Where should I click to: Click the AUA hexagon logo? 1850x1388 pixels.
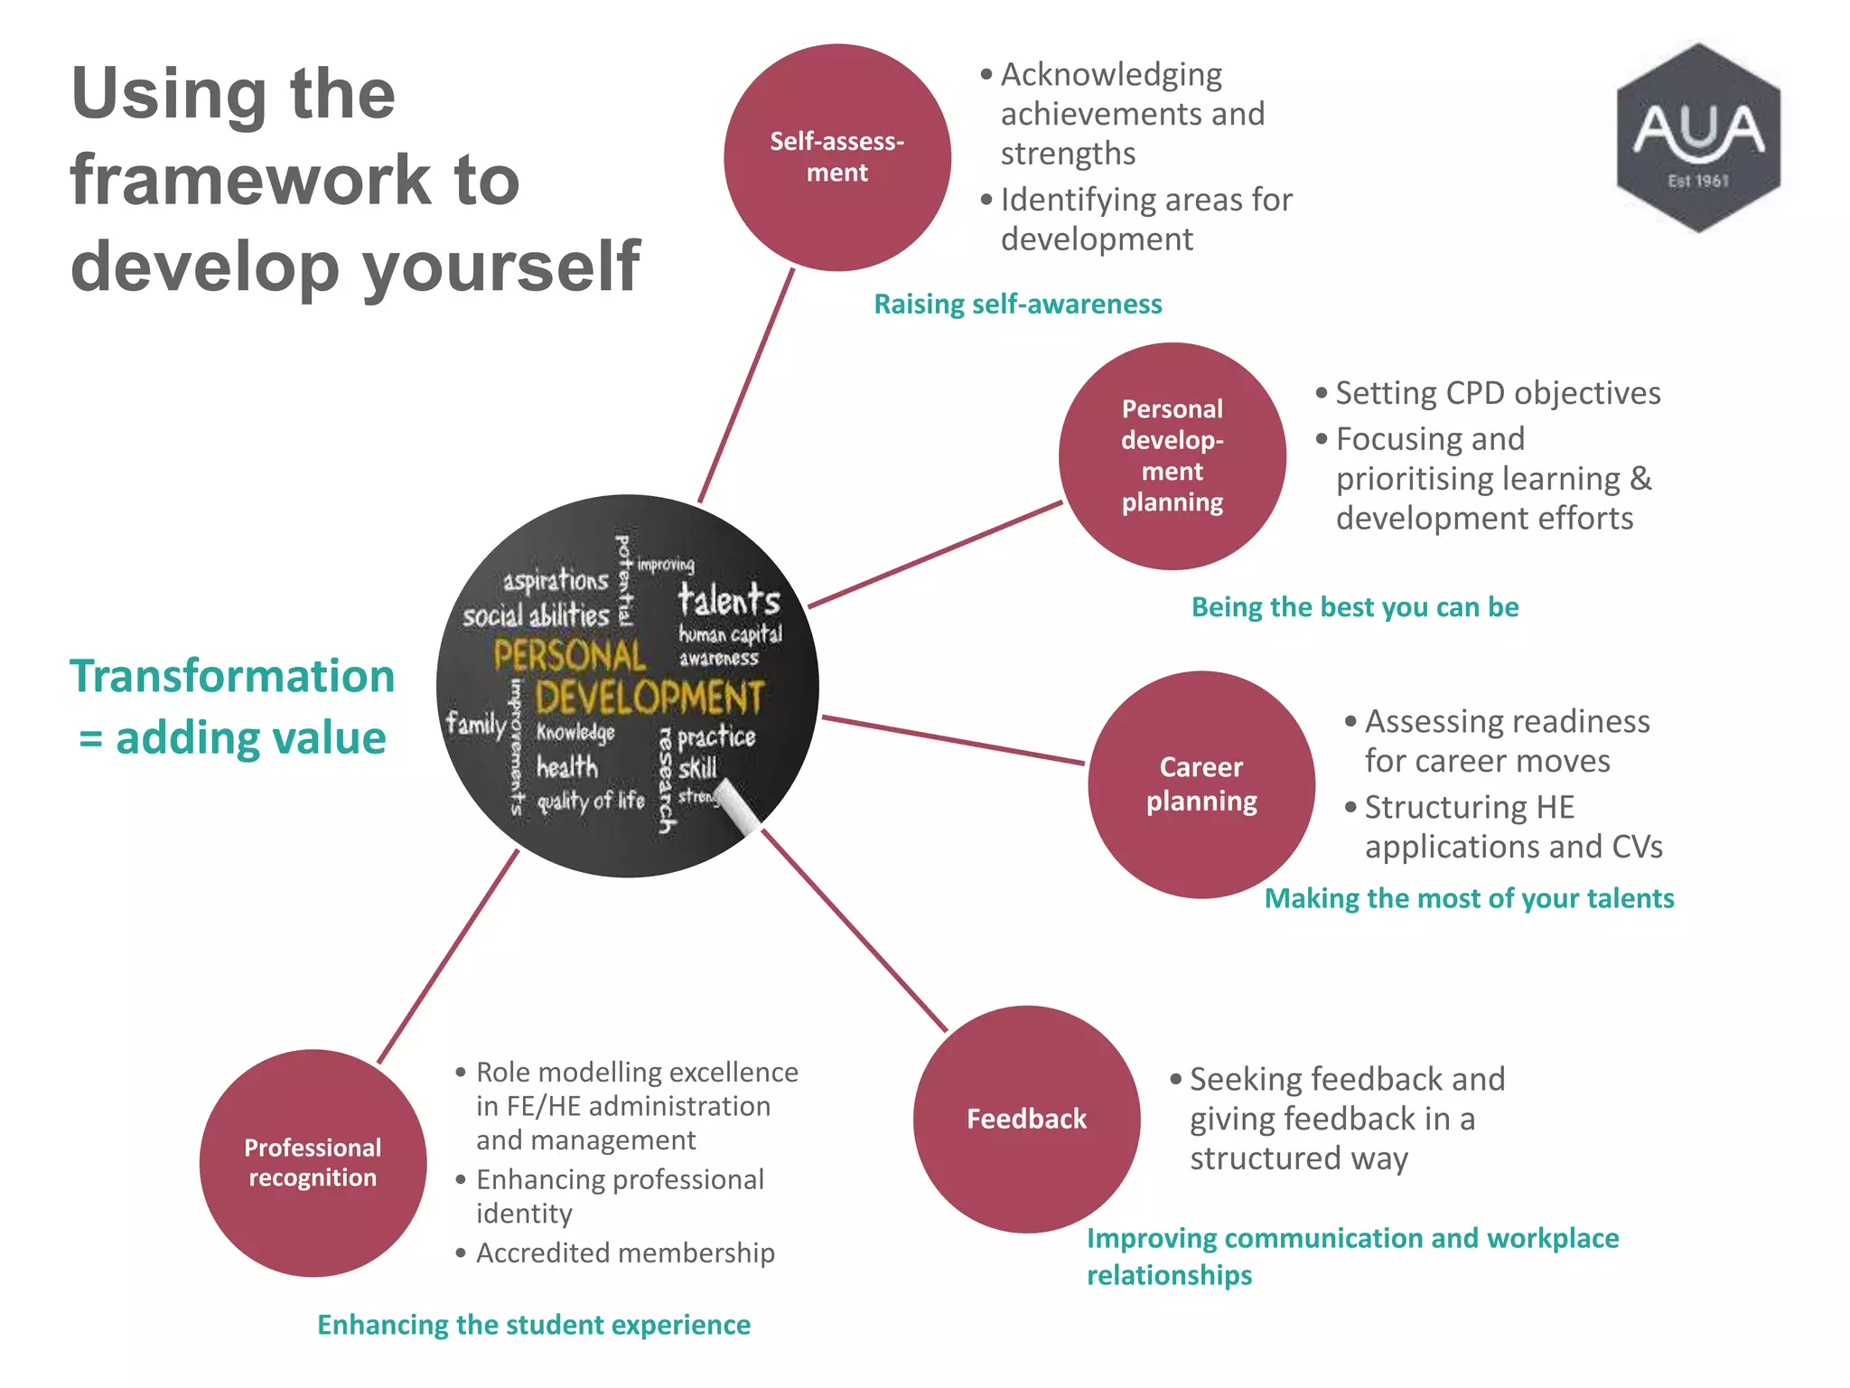click(x=1698, y=137)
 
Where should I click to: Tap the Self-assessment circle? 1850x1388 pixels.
click(x=837, y=157)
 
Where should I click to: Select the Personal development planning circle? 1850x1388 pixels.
click(x=1172, y=455)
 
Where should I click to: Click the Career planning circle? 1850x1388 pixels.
click(x=1201, y=783)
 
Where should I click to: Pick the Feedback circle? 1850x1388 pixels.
click(x=1026, y=1119)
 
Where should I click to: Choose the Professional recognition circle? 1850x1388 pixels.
click(x=313, y=1162)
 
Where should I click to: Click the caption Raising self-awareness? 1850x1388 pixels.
click(x=1017, y=304)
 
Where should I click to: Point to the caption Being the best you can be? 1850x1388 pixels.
click(x=1354, y=606)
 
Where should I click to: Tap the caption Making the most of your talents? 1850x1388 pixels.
click(x=1468, y=897)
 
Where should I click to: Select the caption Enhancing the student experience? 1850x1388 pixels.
click(x=533, y=1324)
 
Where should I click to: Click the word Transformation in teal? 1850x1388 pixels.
click(x=232, y=676)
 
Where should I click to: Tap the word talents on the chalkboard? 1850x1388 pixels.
click(x=728, y=599)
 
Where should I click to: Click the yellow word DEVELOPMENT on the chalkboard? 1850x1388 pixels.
click(x=649, y=698)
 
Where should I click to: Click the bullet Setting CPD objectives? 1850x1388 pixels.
click(x=1497, y=393)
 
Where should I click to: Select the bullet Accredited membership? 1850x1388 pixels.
click(x=624, y=1252)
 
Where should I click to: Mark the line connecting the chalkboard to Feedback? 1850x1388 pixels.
click(x=854, y=931)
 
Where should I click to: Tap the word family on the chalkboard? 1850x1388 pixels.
click(x=475, y=725)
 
